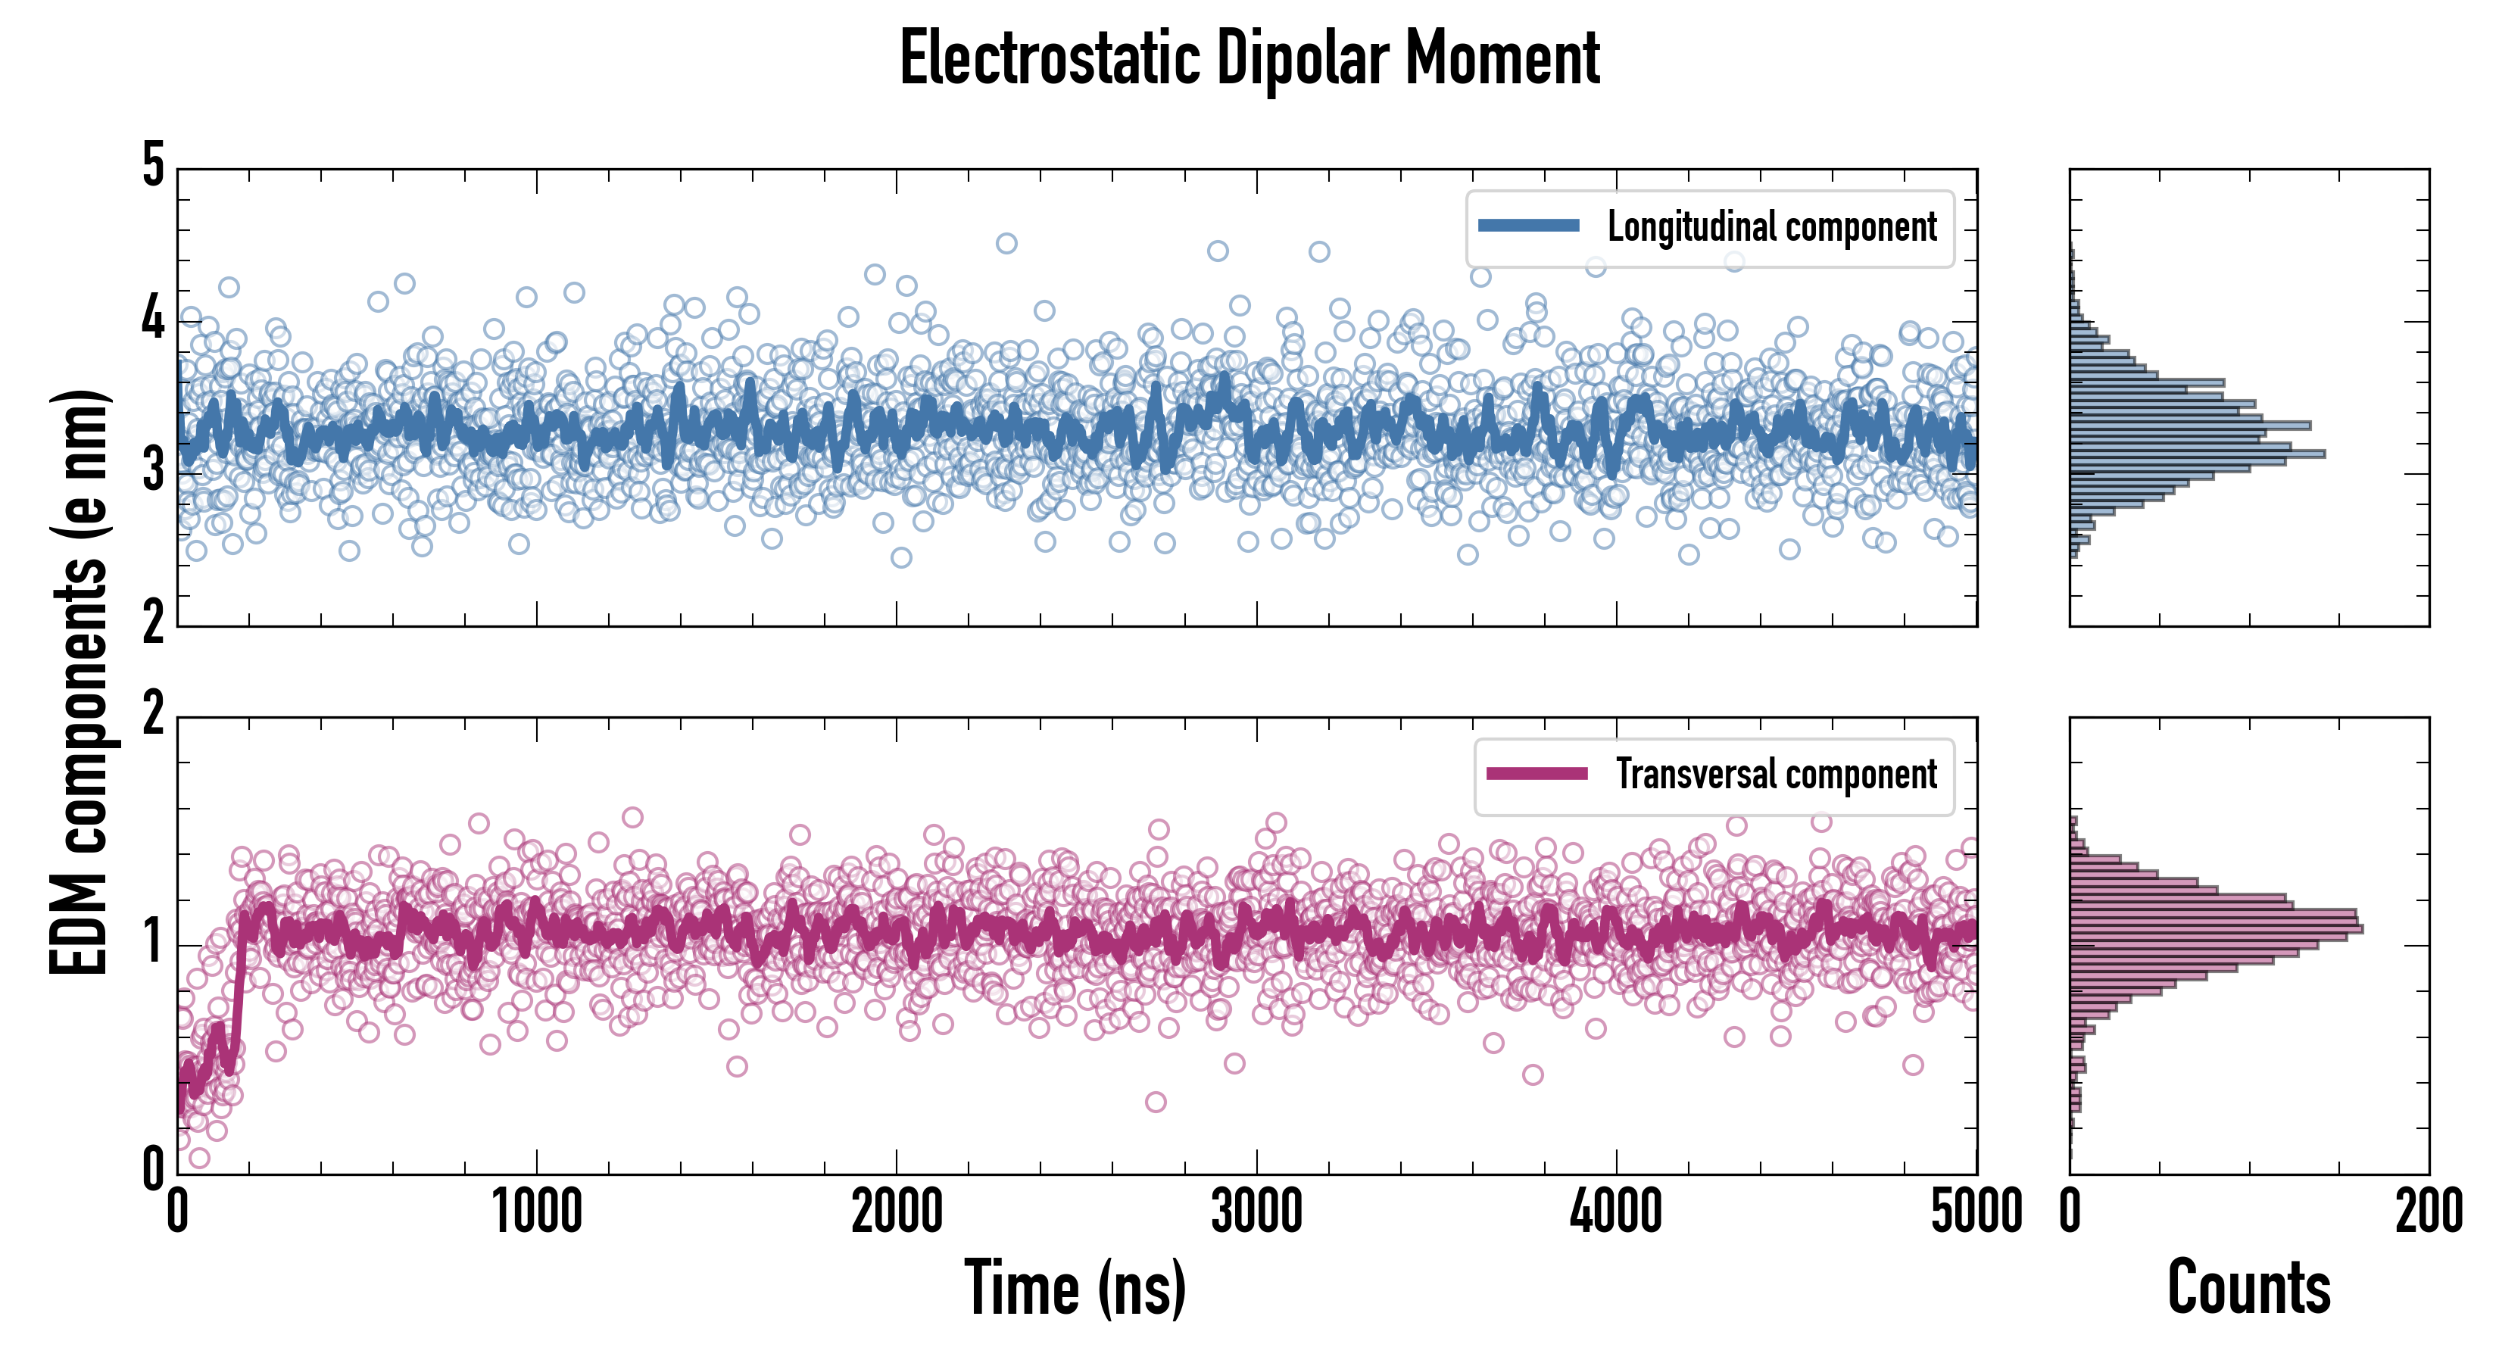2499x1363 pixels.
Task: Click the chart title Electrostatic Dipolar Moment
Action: (x=1249, y=58)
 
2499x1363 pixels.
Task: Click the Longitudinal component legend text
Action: (x=1771, y=227)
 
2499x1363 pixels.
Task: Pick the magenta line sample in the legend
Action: (x=1537, y=773)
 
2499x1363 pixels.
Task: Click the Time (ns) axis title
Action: (x=1075, y=1288)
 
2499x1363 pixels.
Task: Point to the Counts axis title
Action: (x=2248, y=1288)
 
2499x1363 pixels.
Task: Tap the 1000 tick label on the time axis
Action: (x=536, y=1212)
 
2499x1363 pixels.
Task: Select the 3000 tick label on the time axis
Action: (x=1256, y=1212)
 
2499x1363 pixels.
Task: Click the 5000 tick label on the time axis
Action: (x=1976, y=1212)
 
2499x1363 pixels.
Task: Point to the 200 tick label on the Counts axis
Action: (x=2428, y=1212)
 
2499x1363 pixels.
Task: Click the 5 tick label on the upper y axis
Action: (x=153, y=165)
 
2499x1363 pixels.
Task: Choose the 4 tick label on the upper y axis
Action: (x=153, y=318)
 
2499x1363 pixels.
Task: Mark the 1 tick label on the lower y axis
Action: (x=153, y=942)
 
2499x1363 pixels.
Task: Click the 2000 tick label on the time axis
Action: (x=897, y=1212)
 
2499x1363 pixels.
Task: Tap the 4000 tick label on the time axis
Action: (x=1616, y=1212)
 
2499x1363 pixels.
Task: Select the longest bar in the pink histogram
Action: (x=2216, y=928)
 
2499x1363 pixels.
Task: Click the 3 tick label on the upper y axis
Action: (x=153, y=470)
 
